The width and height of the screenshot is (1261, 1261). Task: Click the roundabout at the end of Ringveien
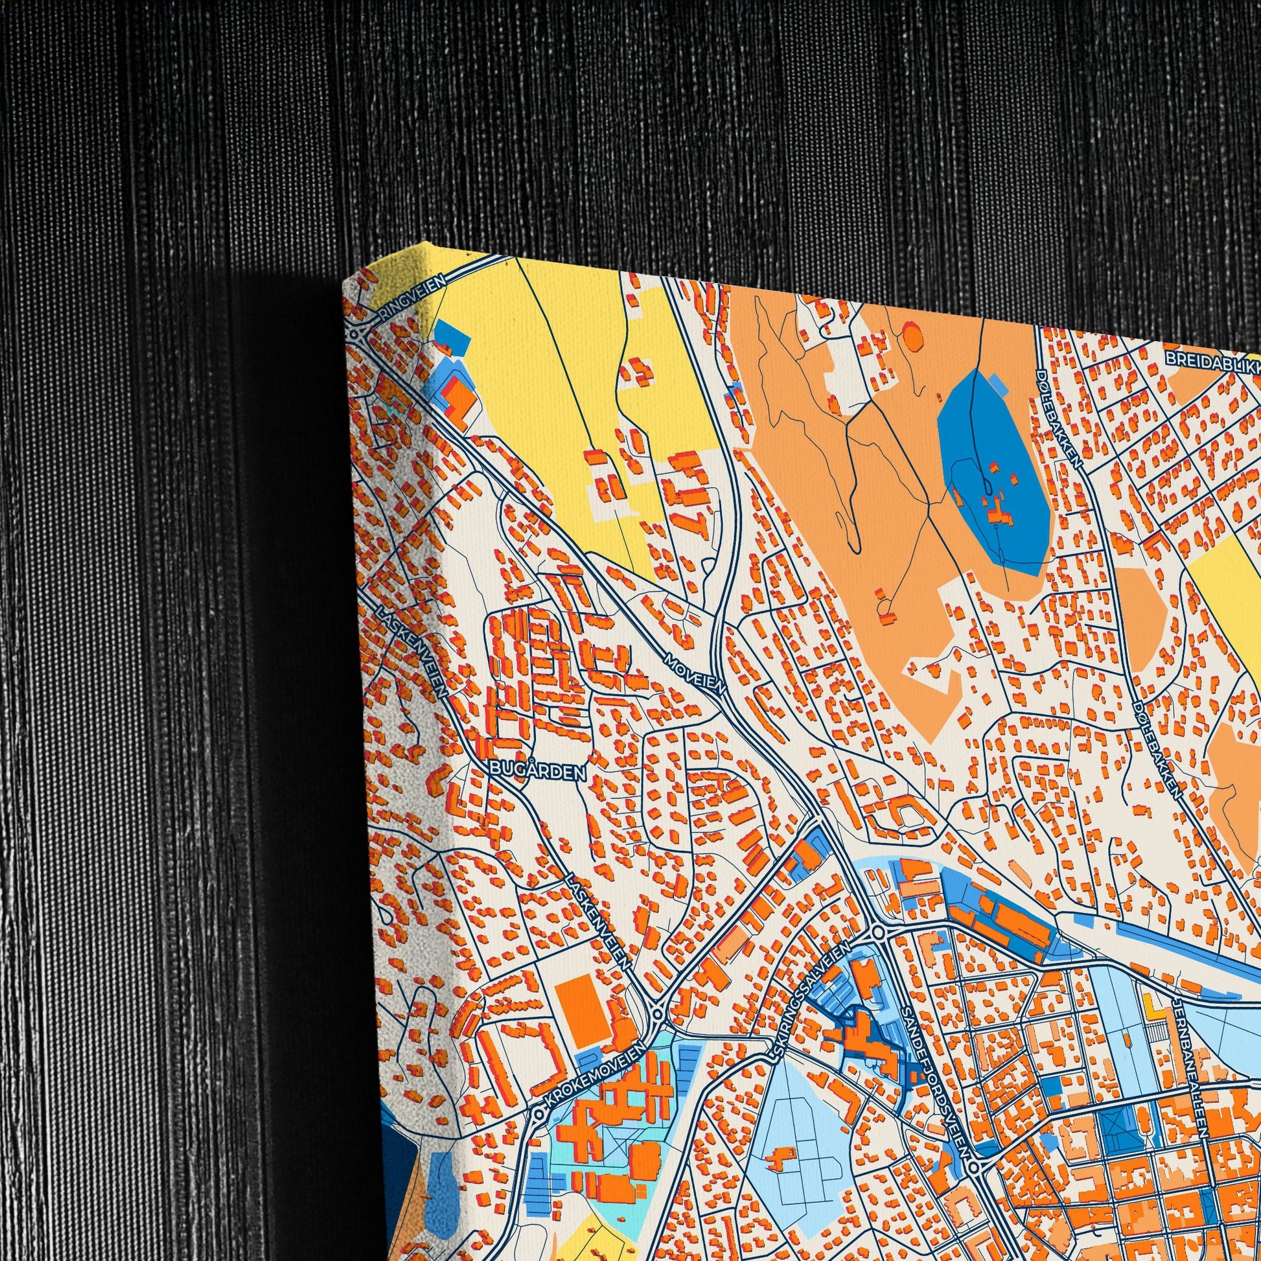click(x=357, y=334)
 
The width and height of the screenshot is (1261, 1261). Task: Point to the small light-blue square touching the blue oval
click(x=999, y=384)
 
